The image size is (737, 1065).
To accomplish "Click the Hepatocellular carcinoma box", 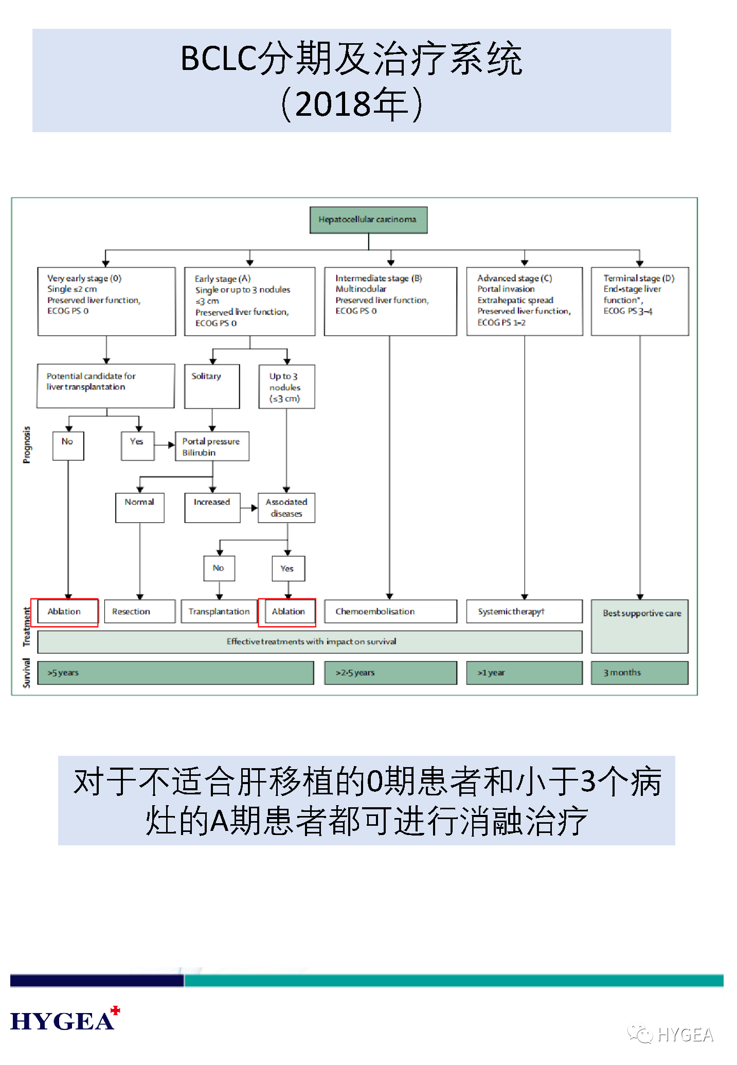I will point(368,220).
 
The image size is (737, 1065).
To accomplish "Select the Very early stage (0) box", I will point(106,301).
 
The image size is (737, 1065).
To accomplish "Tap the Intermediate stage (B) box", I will point(390,301).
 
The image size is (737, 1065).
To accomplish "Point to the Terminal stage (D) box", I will point(640,301).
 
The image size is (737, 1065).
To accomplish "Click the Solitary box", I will point(212,386).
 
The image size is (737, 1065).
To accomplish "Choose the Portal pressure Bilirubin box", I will point(212,447).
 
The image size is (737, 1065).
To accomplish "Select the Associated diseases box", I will point(286,508).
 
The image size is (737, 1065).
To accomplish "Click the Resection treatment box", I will point(139,611).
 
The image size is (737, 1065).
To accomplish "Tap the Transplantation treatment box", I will point(219,611).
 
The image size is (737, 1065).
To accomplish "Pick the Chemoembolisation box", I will point(390,611).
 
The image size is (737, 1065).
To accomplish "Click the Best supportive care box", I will point(640,626).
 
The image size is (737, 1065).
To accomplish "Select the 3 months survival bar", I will point(640,672).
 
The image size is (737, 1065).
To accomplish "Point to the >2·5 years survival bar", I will point(390,672).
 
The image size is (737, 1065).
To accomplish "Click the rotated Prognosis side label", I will point(27,445).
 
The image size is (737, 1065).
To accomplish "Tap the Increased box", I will point(212,508).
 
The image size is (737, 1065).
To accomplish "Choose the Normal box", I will point(139,508).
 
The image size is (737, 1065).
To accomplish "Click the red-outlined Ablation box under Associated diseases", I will point(287,612).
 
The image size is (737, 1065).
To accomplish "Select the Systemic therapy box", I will point(524,611).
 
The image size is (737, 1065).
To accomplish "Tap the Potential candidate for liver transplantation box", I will point(106,386).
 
